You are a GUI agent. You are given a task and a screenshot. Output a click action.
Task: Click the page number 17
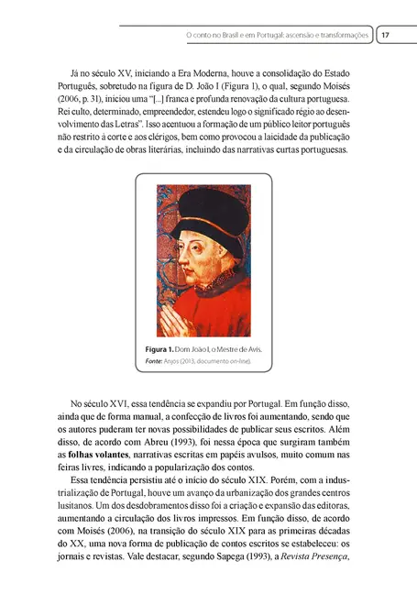pos(386,35)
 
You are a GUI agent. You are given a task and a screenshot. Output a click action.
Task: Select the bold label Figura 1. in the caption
pos(161,350)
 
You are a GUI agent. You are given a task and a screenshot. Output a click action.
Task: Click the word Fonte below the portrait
pos(153,362)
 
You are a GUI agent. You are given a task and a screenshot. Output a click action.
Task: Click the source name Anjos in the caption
pos(174,362)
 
